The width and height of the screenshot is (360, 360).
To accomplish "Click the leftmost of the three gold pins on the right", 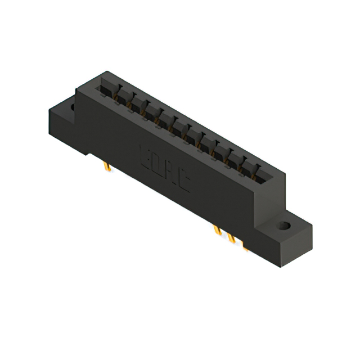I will (217, 231).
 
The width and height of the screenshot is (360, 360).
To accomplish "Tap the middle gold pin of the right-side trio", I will (231, 238).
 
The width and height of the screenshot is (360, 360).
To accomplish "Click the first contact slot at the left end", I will (109, 90).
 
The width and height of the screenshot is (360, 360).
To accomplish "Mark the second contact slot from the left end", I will (123, 98).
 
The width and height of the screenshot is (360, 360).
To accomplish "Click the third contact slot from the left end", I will (137, 106).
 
